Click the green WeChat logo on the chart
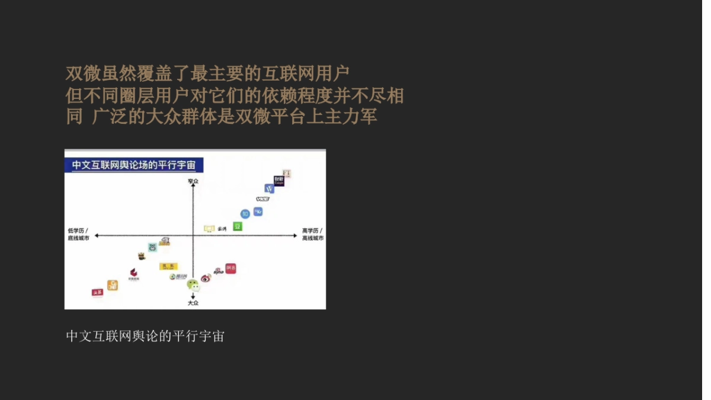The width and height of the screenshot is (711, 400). [x=193, y=285]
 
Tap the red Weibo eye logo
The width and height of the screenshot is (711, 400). [x=206, y=277]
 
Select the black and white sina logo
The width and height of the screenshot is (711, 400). [x=218, y=271]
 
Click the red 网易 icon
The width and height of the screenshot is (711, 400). [x=230, y=268]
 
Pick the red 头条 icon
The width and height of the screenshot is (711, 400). [x=97, y=292]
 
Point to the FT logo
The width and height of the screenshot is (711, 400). [x=287, y=173]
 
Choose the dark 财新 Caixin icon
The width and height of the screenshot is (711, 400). [x=279, y=180]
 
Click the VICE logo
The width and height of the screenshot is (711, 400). [x=262, y=199]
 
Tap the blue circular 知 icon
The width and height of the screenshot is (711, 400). [x=245, y=214]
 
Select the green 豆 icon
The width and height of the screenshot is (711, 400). [x=238, y=226]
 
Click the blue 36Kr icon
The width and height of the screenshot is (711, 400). [x=258, y=212]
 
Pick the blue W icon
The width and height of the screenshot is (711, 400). [x=269, y=188]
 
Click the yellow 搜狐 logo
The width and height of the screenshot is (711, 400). [x=168, y=266]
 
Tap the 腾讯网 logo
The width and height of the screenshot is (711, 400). [x=178, y=276]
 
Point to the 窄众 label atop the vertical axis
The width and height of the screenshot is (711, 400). [x=193, y=181]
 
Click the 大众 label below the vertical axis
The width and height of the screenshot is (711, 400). [x=193, y=303]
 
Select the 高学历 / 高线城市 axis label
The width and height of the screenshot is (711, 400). [x=312, y=234]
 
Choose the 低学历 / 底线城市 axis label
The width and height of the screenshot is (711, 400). [x=79, y=234]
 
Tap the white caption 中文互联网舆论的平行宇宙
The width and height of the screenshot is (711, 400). [x=145, y=337]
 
